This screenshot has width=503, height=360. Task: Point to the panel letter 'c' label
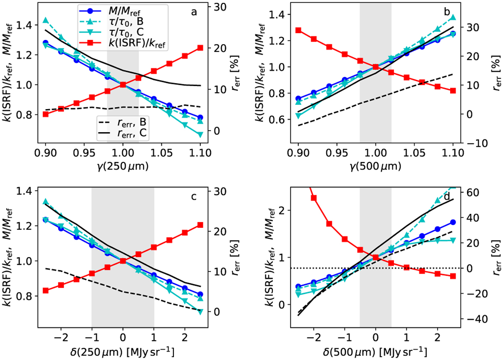coord(194,197)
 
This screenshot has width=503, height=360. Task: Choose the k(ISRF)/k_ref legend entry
coord(136,44)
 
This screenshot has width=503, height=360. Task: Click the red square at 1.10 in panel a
coord(200,47)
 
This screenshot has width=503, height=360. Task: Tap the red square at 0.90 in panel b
coord(298,30)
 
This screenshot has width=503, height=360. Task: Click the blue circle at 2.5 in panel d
coord(453,222)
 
